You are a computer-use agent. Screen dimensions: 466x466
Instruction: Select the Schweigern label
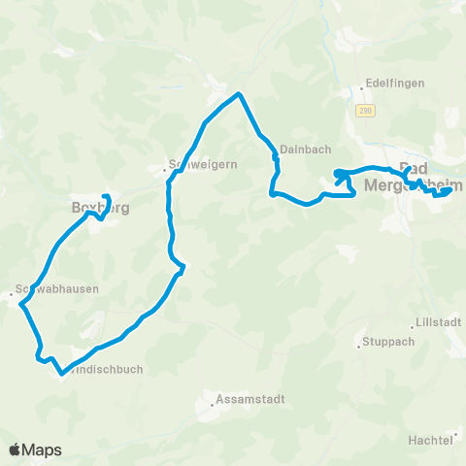(191, 164)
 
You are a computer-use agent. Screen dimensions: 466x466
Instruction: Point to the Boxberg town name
(100, 208)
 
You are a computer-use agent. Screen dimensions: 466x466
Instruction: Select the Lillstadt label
(435, 321)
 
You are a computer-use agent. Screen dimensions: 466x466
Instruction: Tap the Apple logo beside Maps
(15, 449)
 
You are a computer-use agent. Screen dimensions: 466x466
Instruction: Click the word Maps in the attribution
(42, 450)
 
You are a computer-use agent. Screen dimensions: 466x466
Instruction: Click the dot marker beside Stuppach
(357, 341)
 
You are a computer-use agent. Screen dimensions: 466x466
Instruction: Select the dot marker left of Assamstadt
(211, 399)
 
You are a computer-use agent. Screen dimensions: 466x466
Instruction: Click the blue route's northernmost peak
(238, 94)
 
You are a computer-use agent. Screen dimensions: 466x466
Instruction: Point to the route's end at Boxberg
(107, 198)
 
